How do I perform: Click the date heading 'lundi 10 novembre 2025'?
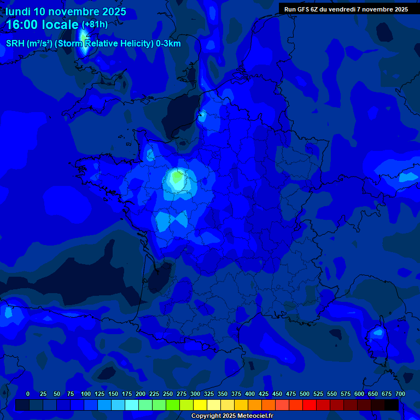click(66, 11)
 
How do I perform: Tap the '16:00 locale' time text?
click(42, 25)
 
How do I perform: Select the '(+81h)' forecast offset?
click(95, 24)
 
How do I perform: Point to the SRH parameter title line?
click(93, 43)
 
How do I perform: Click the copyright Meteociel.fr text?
click(232, 416)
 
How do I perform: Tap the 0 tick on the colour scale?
click(28, 394)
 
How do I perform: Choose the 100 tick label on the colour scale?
click(85, 394)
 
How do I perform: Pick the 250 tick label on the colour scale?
click(168, 394)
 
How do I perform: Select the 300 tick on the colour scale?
click(195, 394)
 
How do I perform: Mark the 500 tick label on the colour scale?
click(305, 394)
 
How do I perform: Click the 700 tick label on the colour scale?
click(400, 394)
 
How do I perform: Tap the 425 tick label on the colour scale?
click(264, 394)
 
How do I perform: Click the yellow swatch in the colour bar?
click(200, 405)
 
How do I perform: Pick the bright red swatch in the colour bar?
click(310, 405)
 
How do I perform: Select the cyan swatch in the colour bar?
click(132, 405)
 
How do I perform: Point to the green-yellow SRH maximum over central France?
click(176, 178)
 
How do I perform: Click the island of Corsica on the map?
click(377, 335)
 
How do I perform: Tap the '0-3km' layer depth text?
click(168, 43)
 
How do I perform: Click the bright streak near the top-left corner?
click(84, 44)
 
